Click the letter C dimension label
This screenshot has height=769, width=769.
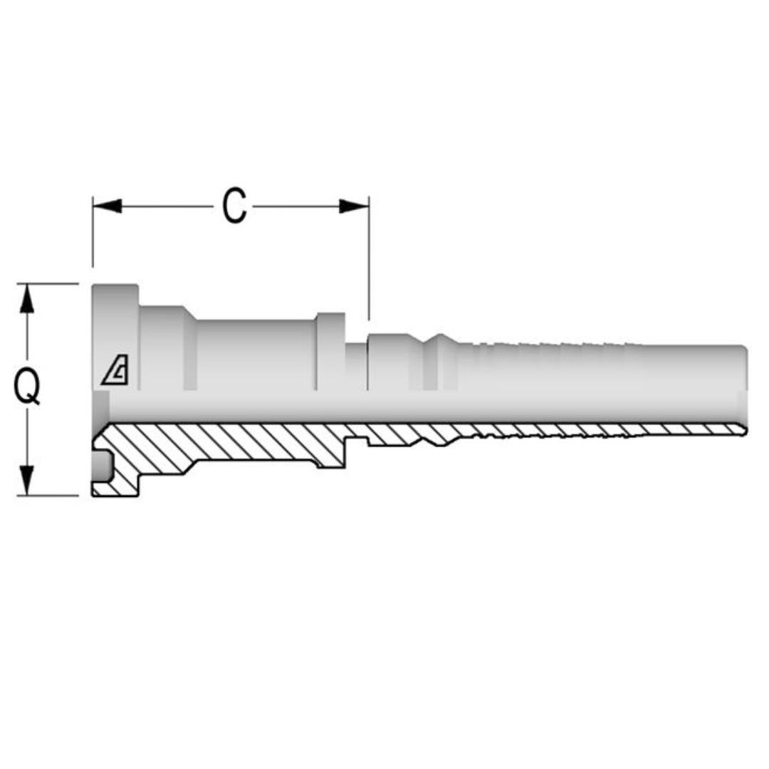coord(234,206)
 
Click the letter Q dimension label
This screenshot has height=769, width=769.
coord(28,389)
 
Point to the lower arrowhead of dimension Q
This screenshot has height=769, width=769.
coord(27,481)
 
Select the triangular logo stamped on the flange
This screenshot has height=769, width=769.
coord(115,370)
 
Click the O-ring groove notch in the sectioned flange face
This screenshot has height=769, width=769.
coord(103,466)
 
